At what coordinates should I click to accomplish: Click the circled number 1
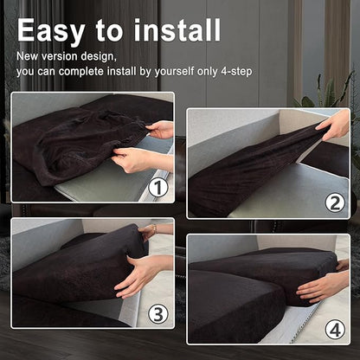point(158,188)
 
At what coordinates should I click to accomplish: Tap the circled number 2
point(335,203)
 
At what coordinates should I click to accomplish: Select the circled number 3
point(158,314)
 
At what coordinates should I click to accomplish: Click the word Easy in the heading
point(51,31)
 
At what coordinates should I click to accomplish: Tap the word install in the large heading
point(177,30)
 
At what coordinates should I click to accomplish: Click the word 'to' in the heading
point(109,31)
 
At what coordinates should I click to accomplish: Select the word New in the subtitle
point(28,56)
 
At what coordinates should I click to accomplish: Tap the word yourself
point(174,72)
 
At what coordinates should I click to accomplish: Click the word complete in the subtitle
point(81,72)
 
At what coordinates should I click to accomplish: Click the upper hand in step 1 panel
point(159,130)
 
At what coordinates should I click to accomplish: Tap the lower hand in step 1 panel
point(141,159)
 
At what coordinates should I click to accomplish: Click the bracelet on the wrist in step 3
point(155,229)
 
